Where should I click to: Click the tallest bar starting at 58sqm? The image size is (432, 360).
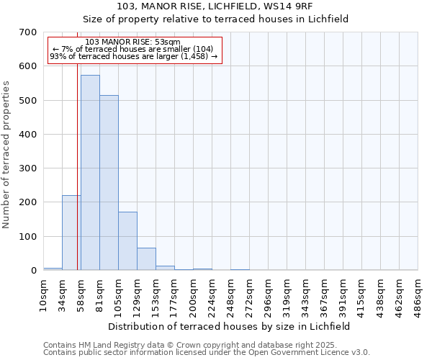coord(90,173)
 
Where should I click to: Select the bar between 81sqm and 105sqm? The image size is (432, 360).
coord(109,183)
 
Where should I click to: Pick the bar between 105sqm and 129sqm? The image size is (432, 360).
coord(127,241)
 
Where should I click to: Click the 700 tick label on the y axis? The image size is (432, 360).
coord(28,32)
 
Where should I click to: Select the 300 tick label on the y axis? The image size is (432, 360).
coord(28,168)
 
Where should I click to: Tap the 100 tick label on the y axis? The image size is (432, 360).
coord(28,237)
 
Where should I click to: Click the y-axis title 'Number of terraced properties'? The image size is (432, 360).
coord(7,155)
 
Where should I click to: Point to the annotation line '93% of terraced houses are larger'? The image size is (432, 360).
coord(133,57)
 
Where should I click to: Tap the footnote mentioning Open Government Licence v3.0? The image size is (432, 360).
coord(207,353)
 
